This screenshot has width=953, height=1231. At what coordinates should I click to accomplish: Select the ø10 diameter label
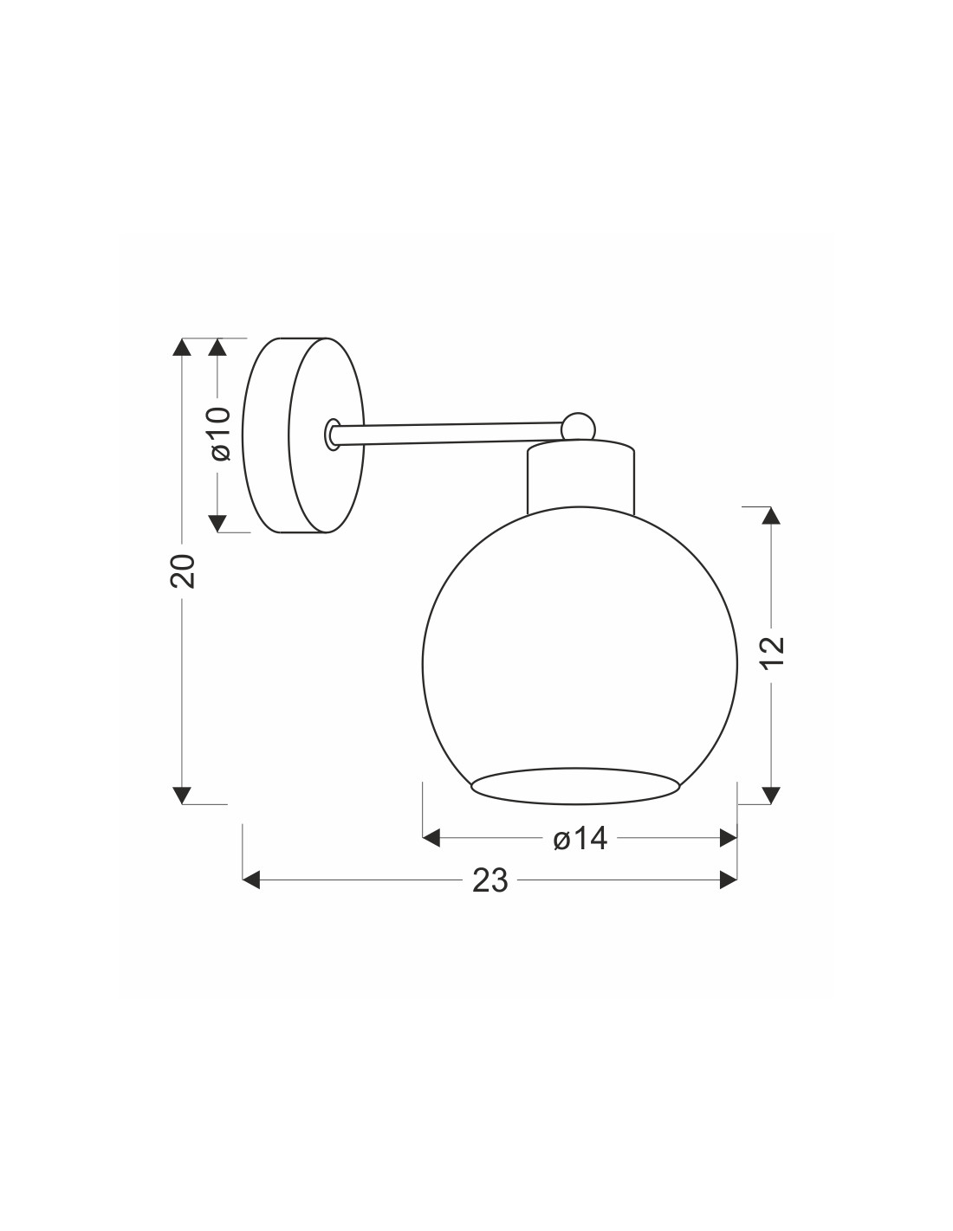pyautogui.click(x=219, y=434)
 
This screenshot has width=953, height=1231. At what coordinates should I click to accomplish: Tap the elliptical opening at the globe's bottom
pyautogui.click(x=575, y=786)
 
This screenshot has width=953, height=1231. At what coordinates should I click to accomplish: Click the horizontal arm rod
pyautogui.click(x=448, y=434)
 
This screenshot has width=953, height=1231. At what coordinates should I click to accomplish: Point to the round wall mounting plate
pyautogui.click(x=303, y=435)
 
